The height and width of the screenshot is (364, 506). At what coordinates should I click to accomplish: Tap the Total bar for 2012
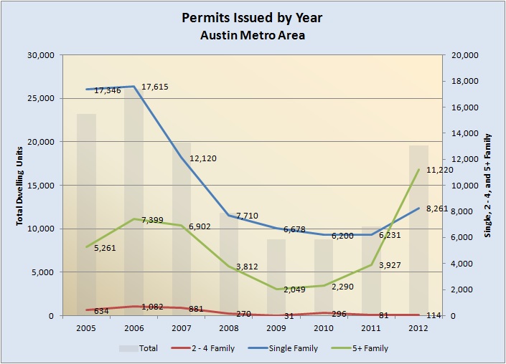tap(418, 229)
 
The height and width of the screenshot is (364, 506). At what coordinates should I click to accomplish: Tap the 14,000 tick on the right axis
tap(462, 133)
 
